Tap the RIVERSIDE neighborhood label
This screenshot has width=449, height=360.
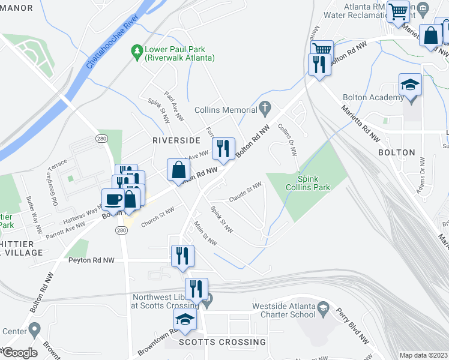tap(176, 140)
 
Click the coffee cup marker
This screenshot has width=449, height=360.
tap(113, 200)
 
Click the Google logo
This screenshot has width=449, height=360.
tap(19, 352)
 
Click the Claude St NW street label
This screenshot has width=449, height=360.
tap(245, 192)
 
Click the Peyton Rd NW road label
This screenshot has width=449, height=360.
tap(91, 260)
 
